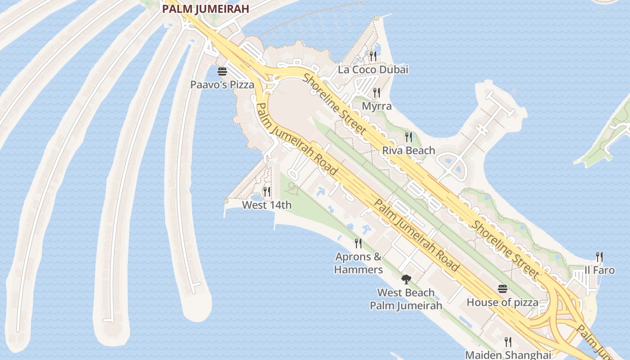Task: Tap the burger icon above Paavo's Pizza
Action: [222, 72]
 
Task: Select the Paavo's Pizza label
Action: [222, 85]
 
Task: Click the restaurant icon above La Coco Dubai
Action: [373, 56]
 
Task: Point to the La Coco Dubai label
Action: [373, 70]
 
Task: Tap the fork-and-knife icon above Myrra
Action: [377, 93]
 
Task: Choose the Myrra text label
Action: [377, 107]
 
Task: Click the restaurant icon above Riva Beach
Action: [409, 137]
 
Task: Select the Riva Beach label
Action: [409, 150]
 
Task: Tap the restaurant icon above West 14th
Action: [267, 192]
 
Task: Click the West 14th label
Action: [267, 205]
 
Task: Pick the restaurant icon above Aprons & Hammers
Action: [358, 243]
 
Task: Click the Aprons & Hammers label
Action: [358, 263]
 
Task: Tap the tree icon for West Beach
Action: [406, 279]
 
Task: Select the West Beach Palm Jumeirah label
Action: [406, 299]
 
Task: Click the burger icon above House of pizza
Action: [503, 289]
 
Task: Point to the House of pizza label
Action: [502, 302]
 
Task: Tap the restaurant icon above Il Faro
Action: [599, 257]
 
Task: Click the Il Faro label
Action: [599, 270]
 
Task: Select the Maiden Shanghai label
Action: [508, 355]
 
